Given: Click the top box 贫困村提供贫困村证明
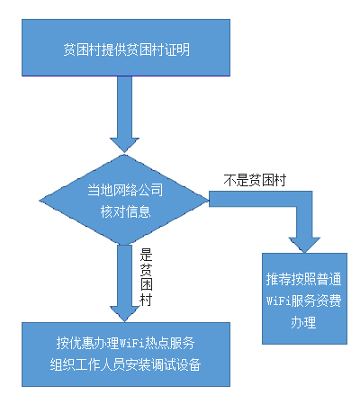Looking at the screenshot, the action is (x=126, y=48).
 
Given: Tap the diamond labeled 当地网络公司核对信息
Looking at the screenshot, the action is (x=124, y=200).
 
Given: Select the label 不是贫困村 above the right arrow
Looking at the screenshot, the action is (x=255, y=180).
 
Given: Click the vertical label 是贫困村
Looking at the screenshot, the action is (x=147, y=277).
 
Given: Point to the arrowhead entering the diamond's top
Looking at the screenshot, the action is (x=124, y=145).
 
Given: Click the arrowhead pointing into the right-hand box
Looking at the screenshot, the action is (x=304, y=245).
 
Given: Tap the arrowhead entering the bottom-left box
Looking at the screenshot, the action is (x=124, y=314).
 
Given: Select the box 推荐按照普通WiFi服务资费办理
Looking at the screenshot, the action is (x=304, y=299).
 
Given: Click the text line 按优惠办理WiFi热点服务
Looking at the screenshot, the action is (x=126, y=343).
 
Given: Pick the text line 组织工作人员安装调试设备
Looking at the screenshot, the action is (x=125, y=364).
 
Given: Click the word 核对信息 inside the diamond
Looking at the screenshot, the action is (x=125, y=211).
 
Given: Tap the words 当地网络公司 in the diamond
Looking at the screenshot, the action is (x=125, y=190).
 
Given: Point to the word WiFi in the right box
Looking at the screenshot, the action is (x=279, y=301).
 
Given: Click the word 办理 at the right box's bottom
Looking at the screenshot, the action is (x=303, y=323).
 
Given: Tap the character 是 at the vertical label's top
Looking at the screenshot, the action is (x=147, y=255).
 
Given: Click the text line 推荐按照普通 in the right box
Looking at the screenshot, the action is (x=303, y=279).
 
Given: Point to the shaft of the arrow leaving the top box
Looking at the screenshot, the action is (x=124, y=107).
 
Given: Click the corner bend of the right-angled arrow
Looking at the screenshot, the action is (x=304, y=199).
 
